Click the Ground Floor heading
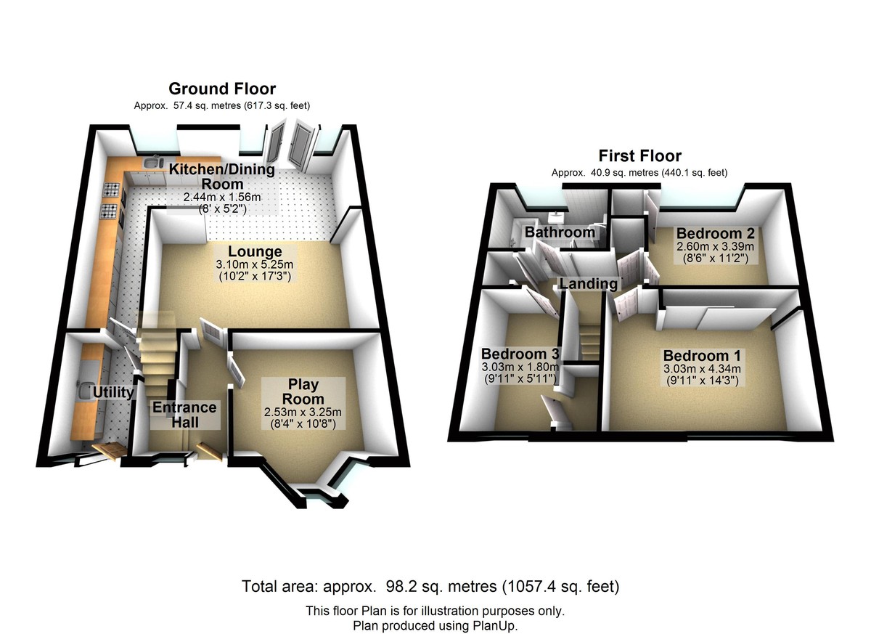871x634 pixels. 222,89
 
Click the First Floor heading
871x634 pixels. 639,156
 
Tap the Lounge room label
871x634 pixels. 255,251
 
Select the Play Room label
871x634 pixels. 303,391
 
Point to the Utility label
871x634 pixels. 113,392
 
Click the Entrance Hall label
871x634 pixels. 184,415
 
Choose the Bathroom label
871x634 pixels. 560,232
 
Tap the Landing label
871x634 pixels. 589,283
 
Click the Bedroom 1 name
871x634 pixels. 702,356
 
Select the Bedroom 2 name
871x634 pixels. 716,233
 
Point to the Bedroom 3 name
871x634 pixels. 520,354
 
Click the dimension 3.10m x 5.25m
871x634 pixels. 255,265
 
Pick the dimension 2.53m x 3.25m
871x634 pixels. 303,412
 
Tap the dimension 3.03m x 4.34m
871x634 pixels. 703,369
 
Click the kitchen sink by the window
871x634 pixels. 153,162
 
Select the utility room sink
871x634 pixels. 84,390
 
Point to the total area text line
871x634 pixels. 430,586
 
